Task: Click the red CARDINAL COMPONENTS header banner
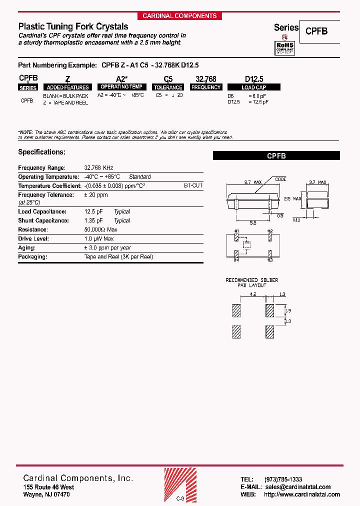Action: pos(179,16)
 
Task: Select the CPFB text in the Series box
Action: pos(316,30)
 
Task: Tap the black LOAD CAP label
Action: pos(254,87)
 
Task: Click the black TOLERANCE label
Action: pos(168,87)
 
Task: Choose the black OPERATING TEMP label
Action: pos(122,87)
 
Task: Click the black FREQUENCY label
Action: pos(206,87)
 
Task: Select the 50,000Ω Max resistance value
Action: pos(101,229)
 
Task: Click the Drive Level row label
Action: pos(33,239)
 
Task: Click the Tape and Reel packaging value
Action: pos(118,257)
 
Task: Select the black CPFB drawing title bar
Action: pos(276,156)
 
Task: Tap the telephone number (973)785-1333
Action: pos(283,479)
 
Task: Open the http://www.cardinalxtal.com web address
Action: pos(301,494)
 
